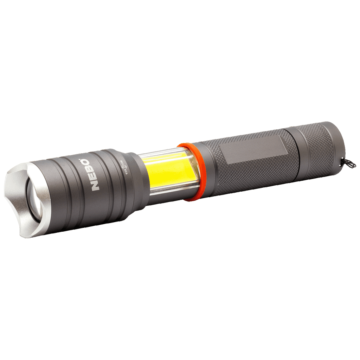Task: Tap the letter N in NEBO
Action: [95, 186]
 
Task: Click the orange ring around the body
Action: [186, 172]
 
